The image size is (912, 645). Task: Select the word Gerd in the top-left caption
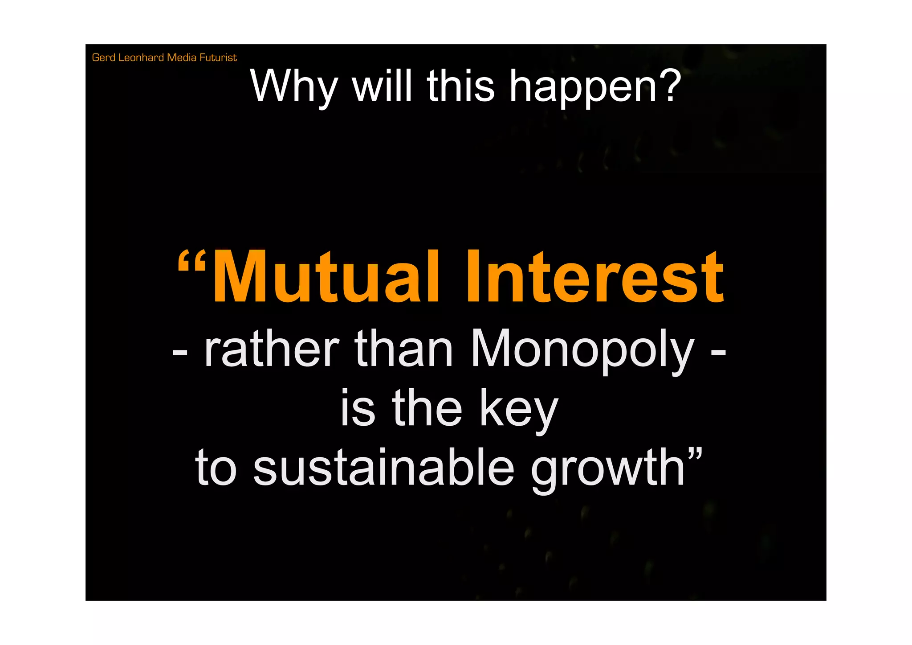(x=103, y=58)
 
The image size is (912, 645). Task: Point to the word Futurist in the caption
(x=218, y=58)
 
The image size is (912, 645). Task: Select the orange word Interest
(x=594, y=277)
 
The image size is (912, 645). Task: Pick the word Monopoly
(x=582, y=350)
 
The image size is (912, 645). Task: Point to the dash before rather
(x=180, y=352)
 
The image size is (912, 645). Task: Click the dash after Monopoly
(x=718, y=352)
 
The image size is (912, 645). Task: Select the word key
(x=518, y=409)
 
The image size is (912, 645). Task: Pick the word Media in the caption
(x=181, y=58)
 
